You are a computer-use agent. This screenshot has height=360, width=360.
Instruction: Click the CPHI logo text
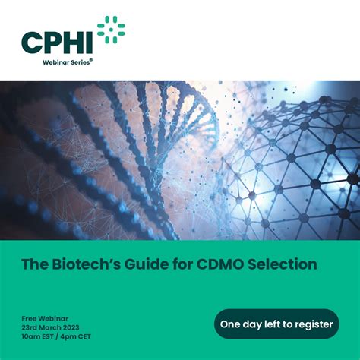pos(57,43)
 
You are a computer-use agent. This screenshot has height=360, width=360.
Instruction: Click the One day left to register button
pos(276,324)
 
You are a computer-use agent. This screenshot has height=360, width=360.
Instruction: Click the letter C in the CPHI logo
pos(33,43)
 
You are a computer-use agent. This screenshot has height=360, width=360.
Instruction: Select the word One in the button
pos(231,324)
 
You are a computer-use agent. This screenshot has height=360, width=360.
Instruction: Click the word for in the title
pos(177,264)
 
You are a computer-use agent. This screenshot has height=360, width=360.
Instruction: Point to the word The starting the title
pos(34,264)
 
